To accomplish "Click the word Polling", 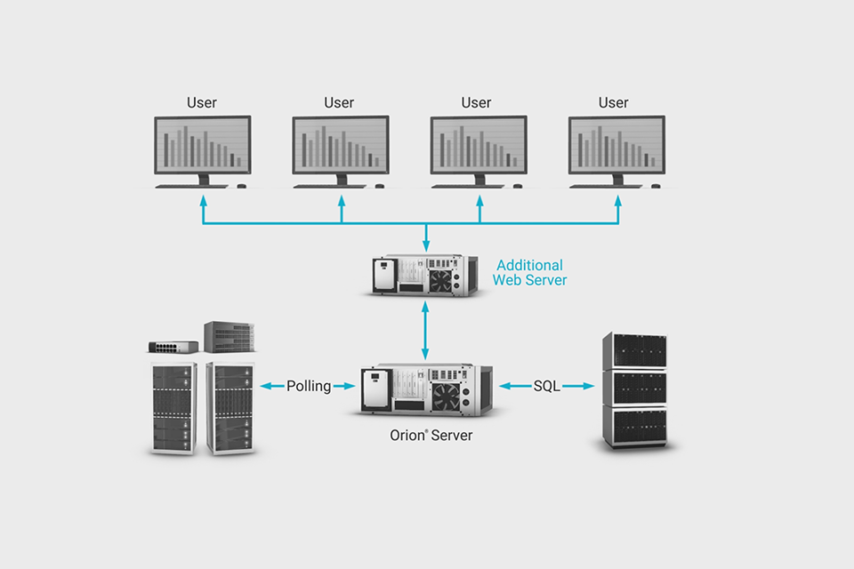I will coord(309,386).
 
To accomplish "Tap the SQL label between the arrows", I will coord(547,386).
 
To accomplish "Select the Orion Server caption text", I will coord(431,436).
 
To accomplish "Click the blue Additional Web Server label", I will coord(530,273).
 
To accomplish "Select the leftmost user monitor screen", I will coord(202,145).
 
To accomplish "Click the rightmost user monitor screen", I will coord(616,145).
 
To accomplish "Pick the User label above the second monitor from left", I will coord(339,103).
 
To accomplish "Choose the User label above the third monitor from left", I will coord(476,103).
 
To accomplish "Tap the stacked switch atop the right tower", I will coord(230,336).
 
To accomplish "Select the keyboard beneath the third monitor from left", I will coord(462,186).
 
